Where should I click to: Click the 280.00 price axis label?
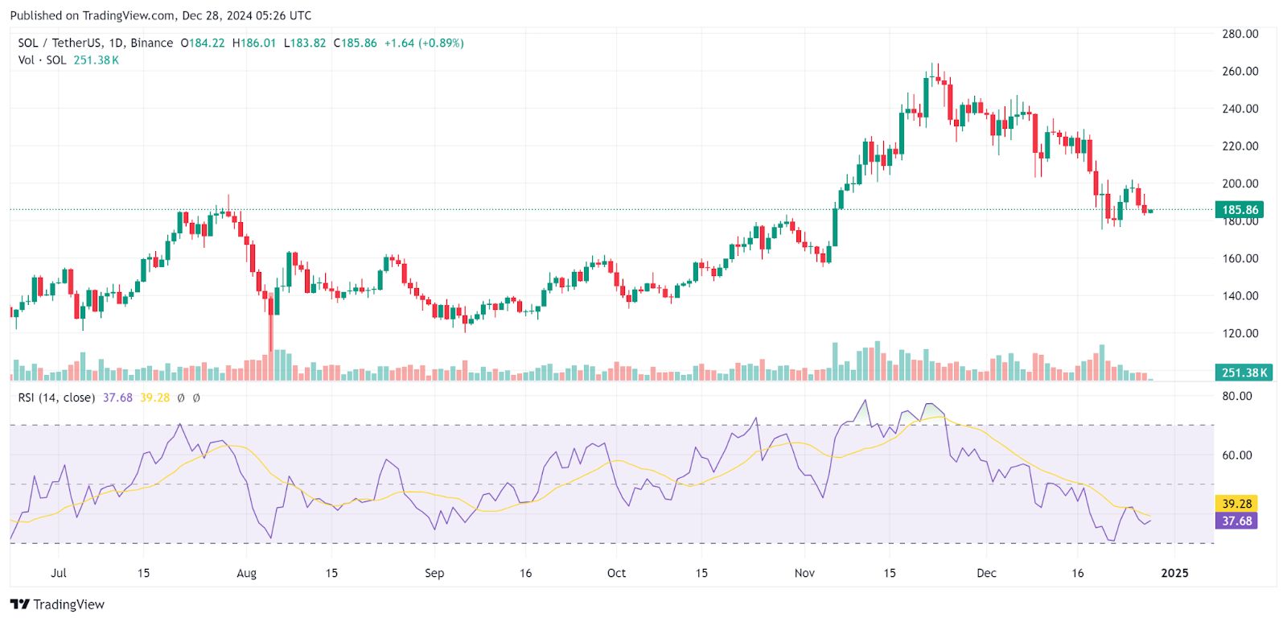click(1240, 34)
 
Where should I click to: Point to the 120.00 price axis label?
click(1240, 333)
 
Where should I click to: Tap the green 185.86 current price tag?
click(1240, 210)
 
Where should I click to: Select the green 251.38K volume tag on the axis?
click(1244, 373)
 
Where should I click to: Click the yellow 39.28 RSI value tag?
click(1236, 504)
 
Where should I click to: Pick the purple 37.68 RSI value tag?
click(1236, 521)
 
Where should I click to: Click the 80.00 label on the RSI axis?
click(1237, 396)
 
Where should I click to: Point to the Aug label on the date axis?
click(247, 573)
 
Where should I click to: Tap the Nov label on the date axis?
click(804, 573)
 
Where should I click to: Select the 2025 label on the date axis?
click(1175, 573)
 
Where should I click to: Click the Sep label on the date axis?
click(434, 573)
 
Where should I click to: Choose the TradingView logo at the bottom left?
click(58, 604)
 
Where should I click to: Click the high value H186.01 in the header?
click(254, 43)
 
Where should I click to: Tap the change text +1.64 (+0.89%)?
click(423, 43)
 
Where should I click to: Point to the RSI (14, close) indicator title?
click(56, 398)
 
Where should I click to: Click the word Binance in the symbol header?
click(151, 43)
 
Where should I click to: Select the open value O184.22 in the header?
click(203, 43)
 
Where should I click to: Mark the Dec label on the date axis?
click(986, 573)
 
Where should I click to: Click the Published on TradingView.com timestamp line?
click(161, 15)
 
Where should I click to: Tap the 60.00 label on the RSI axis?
click(1237, 455)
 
